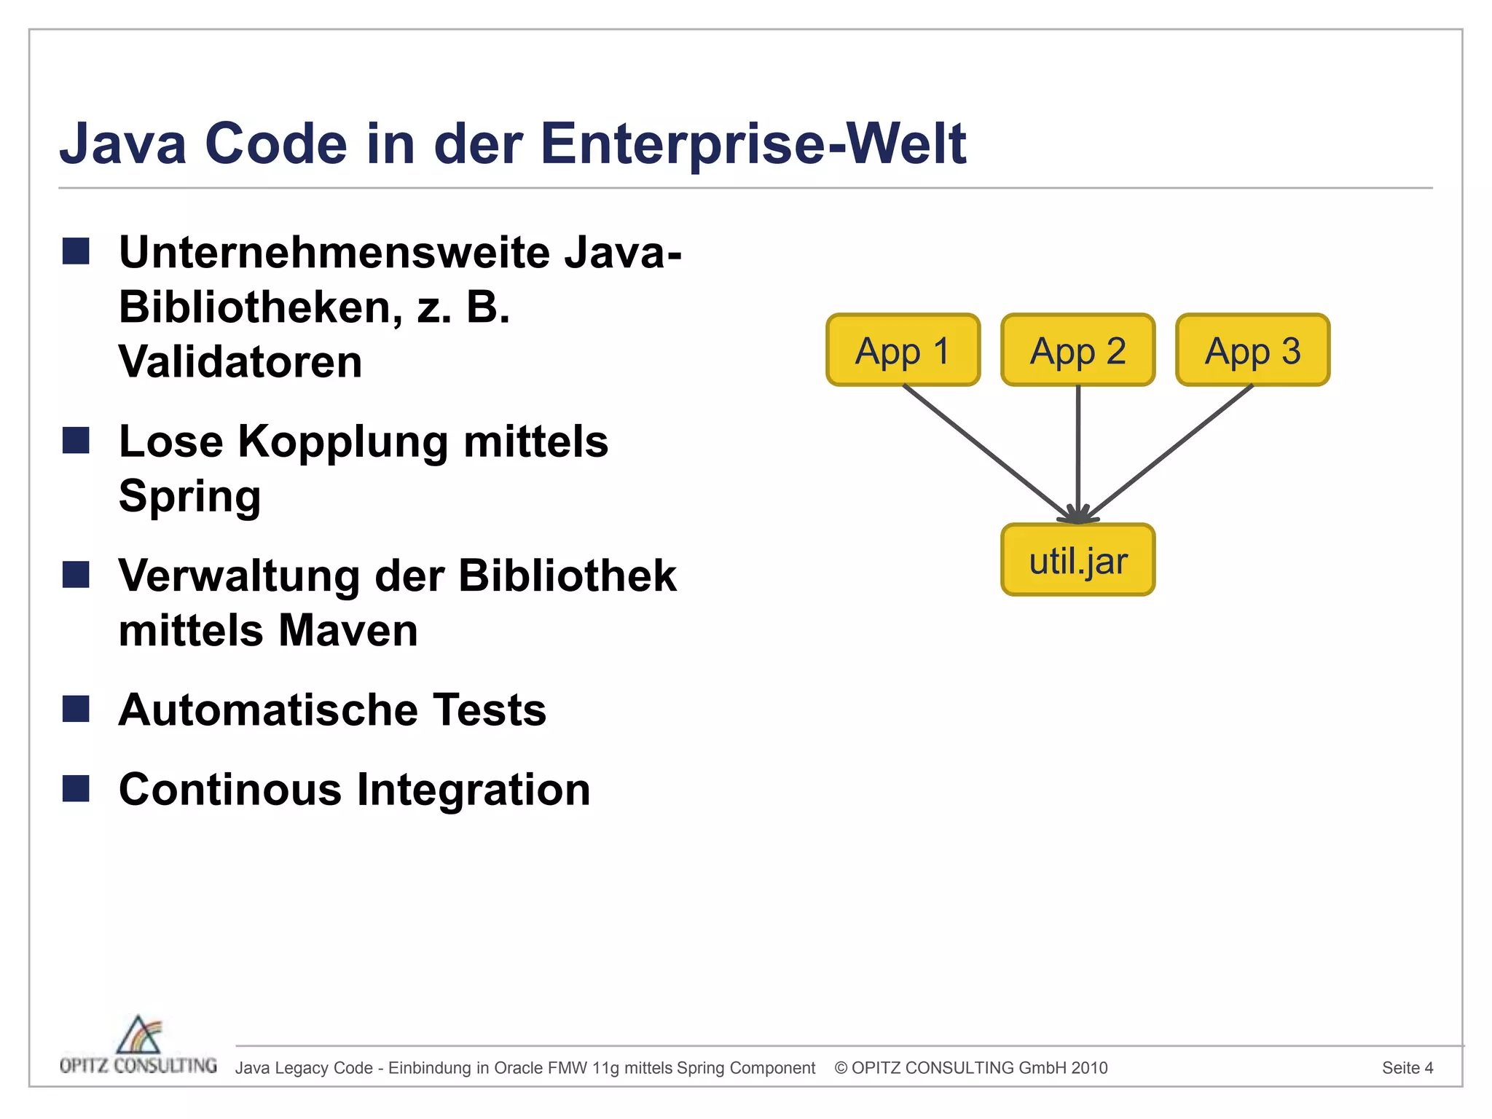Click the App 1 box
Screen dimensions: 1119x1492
[x=903, y=350]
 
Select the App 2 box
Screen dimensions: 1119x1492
[x=1077, y=350]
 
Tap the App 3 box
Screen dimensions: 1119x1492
[x=1252, y=350]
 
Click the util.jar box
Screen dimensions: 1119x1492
[x=1077, y=560]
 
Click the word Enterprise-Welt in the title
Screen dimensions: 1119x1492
[x=753, y=144]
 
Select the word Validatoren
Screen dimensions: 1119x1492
[x=240, y=362]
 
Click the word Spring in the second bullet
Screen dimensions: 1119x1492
[x=189, y=497]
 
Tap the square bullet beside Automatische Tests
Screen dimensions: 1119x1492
[x=76, y=709]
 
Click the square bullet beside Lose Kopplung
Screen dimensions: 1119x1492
[x=76, y=441]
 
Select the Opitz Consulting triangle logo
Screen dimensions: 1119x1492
[x=138, y=1034]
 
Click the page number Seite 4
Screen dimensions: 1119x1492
[x=1407, y=1068]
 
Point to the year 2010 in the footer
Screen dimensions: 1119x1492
[x=1090, y=1068]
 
